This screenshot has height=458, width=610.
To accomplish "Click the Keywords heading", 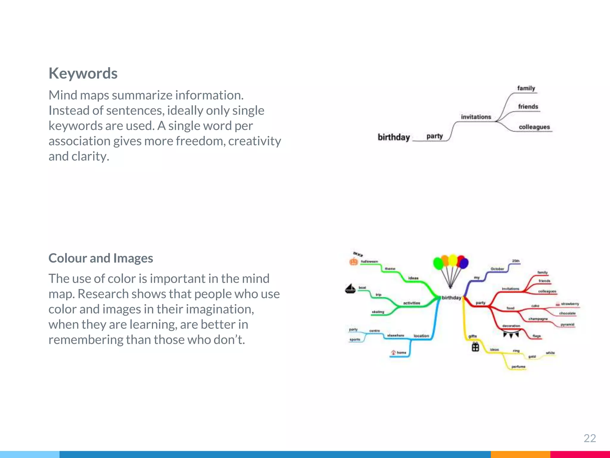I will click(x=83, y=73).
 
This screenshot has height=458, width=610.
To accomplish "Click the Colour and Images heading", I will click(x=101, y=258).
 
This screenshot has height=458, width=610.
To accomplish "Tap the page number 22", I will click(x=589, y=438).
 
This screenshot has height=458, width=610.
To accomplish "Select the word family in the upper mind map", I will click(x=526, y=88).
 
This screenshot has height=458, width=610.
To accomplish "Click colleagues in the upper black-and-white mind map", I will click(x=534, y=127).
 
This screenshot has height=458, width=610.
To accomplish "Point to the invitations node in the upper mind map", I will click(x=476, y=117).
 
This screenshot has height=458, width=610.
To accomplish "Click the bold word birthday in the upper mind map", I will click(x=394, y=137).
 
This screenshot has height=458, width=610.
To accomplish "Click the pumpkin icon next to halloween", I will click(x=354, y=262).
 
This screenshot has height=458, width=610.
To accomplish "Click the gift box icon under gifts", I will click(x=475, y=347).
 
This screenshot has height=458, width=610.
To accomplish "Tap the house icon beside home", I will click(x=393, y=352).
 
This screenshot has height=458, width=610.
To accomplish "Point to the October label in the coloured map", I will click(x=497, y=269).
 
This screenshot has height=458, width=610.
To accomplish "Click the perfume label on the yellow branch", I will click(x=518, y=367).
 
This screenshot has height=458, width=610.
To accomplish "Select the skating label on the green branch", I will click(x=378, y=312).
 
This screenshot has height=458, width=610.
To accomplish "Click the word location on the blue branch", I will click(x=421, y=336).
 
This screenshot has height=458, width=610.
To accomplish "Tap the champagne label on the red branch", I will click(x=538, y=319).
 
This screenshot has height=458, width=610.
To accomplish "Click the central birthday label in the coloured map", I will click(x=451, y=298).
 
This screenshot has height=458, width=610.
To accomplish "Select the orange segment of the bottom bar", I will click(x=520, y=454).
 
